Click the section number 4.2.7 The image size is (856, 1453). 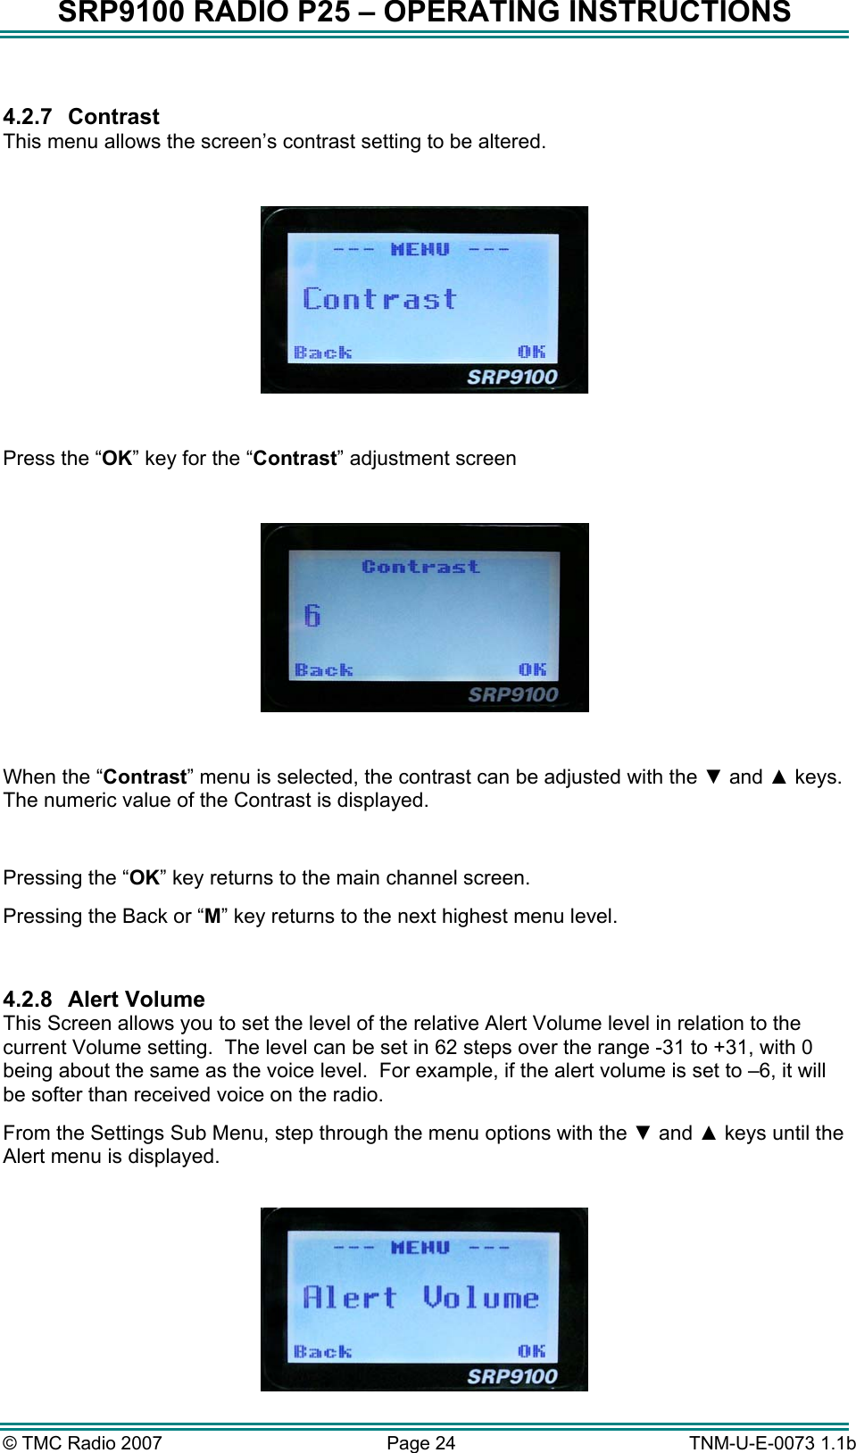pos(28,117)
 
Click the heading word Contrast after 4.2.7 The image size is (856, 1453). pos(113,117)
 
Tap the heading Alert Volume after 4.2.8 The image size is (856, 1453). pos(136,999)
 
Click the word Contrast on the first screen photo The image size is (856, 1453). pos(379,299)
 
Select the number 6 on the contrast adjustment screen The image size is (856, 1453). pos(312,615)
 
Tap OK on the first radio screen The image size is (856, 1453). pos(531,352)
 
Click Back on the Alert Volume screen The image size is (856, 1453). pos(322,1351)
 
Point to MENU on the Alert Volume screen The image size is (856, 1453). pos(420,1247)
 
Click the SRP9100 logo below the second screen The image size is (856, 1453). pos(512,694)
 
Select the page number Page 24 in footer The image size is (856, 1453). pos(420,1442)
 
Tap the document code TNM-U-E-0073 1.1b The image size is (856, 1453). pos(771,1442)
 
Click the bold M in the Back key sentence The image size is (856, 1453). pos(212,917)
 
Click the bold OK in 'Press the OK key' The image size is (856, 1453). pos(116,459)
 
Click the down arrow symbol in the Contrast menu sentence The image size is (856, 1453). pos(712,776)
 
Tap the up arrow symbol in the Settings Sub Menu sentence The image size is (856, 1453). pos(709,1133)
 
